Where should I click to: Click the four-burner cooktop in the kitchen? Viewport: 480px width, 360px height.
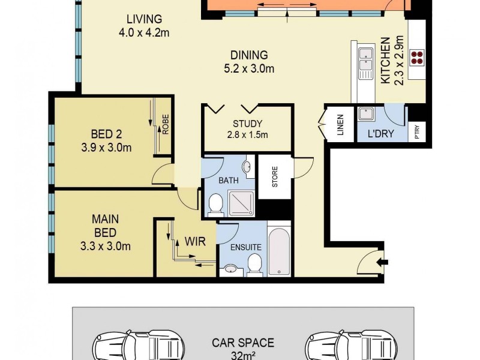point(416,58)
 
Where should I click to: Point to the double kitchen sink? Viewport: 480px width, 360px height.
point(365,62)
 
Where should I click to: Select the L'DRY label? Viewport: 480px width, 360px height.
point(380,133)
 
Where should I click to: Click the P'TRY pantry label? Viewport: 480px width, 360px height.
point(417,133)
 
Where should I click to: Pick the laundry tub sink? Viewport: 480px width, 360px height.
point(364,114)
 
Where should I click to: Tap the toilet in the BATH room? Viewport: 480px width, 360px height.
point(215,206)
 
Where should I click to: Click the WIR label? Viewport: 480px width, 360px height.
point(196,242)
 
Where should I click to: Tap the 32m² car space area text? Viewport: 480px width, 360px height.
point(242,355)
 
